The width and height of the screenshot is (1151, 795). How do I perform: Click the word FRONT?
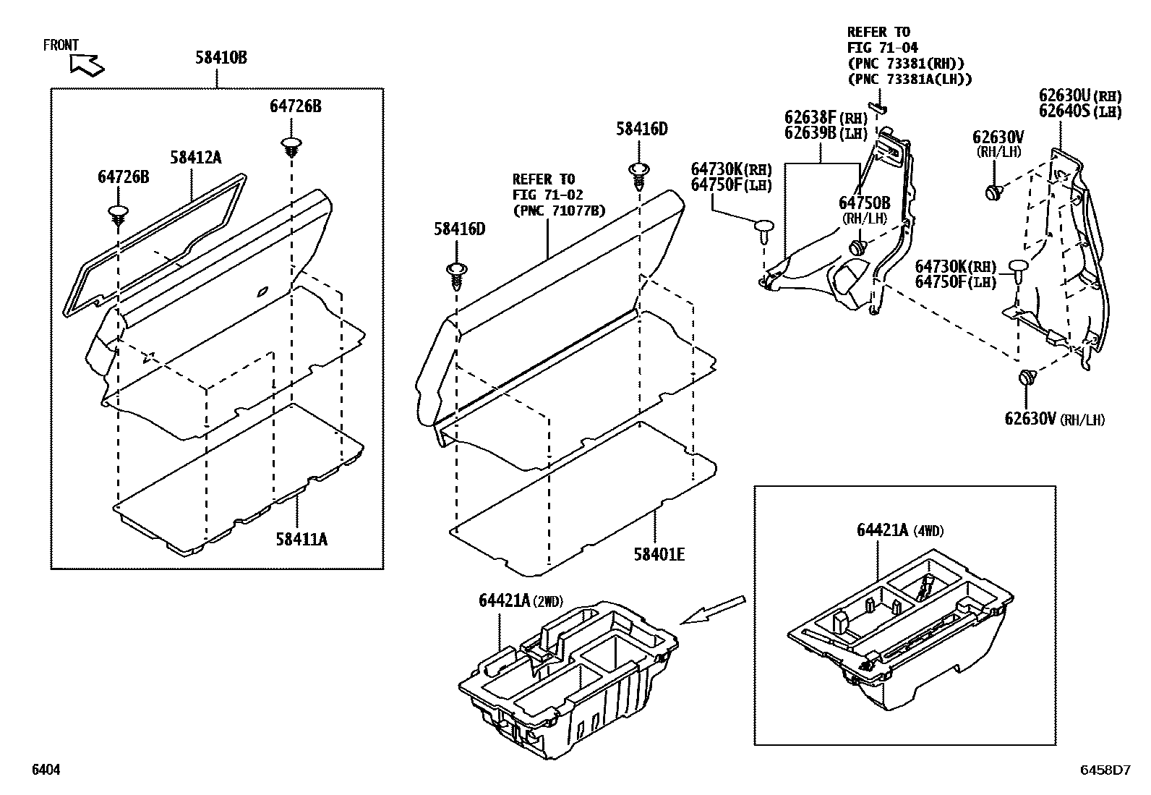click(61, 46)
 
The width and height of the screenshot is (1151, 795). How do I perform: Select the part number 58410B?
click(221, 57)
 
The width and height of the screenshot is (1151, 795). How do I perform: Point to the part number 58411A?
click(301, 539)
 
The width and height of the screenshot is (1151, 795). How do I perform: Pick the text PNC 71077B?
click(559, 211)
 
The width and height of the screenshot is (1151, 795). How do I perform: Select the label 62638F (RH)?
click(826, 118)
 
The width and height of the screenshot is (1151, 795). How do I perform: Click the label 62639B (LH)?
click(826, 133)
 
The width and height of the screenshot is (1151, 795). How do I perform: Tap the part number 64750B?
click(864, 204)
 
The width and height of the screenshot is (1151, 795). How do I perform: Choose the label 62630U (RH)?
click(1080, 95)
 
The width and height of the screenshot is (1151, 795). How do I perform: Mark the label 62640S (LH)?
click(1080, 111)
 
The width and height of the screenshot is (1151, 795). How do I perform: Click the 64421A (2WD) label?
click(520, 600)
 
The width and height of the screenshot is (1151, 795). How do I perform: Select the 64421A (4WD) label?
click(900, 530)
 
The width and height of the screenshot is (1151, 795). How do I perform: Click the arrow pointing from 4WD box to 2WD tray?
click(713, 609)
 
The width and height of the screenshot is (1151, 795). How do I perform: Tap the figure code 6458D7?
click(1105, 770)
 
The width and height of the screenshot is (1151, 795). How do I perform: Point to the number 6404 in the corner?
click(46, 770)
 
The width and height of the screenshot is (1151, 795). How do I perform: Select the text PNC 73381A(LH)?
click(910, 79)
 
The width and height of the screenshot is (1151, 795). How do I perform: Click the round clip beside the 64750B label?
click(858, 247)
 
